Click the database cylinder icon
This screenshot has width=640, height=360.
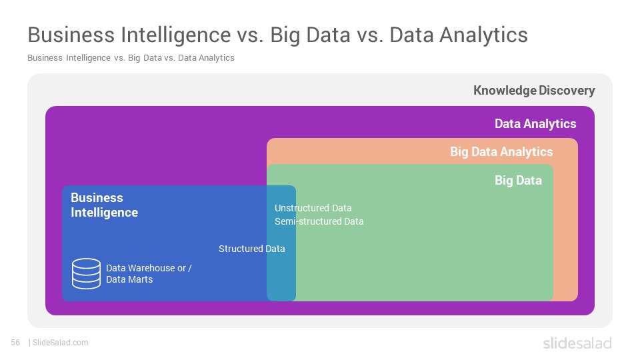point(86,273)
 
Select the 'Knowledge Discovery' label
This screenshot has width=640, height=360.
point(534,91)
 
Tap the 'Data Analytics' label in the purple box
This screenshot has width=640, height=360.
point(535,124)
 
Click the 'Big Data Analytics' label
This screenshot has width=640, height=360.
point(501,152)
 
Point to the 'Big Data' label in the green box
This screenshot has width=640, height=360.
point(519,181)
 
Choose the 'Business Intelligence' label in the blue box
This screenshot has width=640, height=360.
point(105,205)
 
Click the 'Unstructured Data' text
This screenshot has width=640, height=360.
point(313,208)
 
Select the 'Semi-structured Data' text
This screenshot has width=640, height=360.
point(319,221)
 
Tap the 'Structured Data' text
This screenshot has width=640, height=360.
point(252,249)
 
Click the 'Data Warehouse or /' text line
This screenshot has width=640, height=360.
point(149,268)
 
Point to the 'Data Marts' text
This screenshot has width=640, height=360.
point(129,279)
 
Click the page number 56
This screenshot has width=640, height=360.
point(15,343)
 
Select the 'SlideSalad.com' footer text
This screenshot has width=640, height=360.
point(61,343)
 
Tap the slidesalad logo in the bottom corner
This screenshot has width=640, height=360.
point(577,343)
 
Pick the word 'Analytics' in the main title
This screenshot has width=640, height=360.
point(484,35)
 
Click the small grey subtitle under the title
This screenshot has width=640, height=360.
point(131,58)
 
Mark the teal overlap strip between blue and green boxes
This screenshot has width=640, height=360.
point(281,243)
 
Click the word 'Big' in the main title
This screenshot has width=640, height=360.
point(285,35)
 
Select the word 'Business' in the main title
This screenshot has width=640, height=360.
point(71,35)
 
